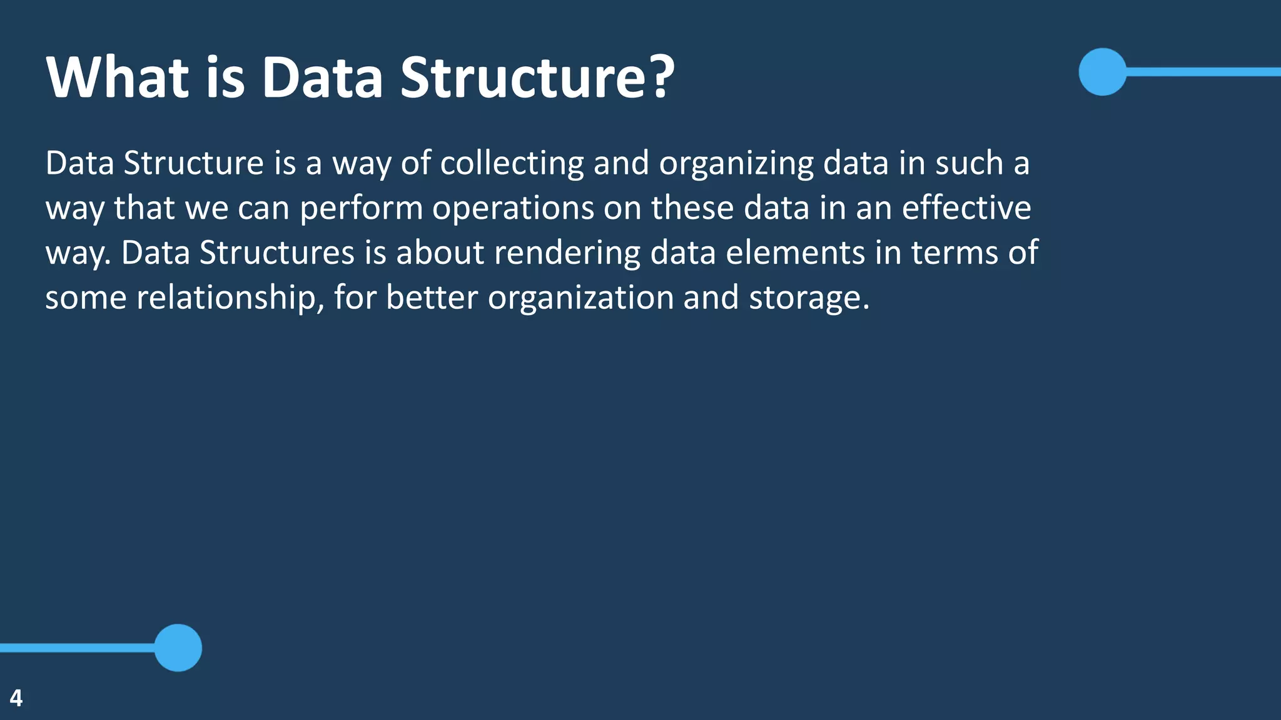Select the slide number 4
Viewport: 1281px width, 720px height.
tap(16, 698)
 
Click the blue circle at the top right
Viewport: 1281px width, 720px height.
tap(1102, 72)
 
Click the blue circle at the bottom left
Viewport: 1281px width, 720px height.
tap(178, 647)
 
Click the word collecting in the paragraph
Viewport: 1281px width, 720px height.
tap(512, 164)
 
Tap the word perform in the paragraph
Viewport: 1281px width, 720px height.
tap(361, 209)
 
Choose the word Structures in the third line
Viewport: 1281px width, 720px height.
tap(277, 252)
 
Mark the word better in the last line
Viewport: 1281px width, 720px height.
tap(432, 297)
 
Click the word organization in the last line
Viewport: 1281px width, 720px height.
tap(580, 298)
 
